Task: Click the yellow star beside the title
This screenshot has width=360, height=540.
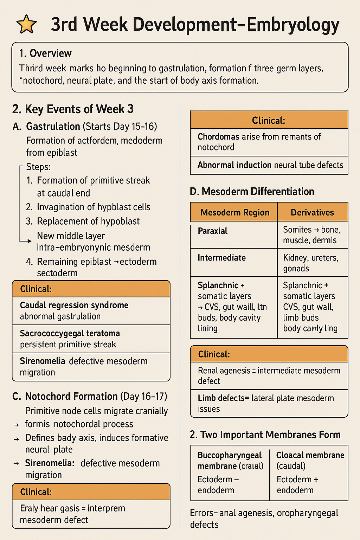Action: [x=26, y=25]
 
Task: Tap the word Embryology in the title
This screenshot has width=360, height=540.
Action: [x=293, y=25]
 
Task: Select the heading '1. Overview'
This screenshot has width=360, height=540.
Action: [x=45, y=53]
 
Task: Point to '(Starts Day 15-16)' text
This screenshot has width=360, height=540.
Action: [x=120, y=126]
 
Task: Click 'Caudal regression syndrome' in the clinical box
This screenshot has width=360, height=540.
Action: [x=74, y=305]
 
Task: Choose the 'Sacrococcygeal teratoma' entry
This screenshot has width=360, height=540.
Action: [x=70, y=333]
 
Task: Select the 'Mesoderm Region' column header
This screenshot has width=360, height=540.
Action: [x=235, y=212]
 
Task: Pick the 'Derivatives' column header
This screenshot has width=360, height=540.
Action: [x=312, y=212]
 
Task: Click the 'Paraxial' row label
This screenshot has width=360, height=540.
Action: [x=213, y=231]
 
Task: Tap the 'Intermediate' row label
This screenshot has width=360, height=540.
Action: [x=221, y=258]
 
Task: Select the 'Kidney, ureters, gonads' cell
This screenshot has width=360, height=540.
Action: [x=310, y=263]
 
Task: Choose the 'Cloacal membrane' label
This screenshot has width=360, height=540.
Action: [x=310, y=455]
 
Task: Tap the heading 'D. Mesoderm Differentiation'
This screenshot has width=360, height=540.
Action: [x=252, y=192]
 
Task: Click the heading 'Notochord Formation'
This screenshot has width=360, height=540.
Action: [x=71, y=396]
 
